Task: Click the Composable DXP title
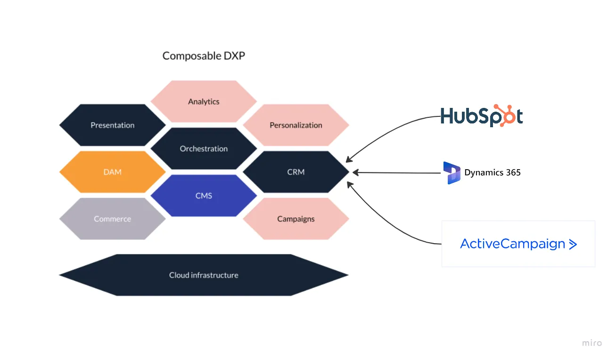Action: click(204, 56)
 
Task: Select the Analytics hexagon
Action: click(204, 101)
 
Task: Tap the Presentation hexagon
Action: click(112, 125)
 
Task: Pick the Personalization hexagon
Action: click(296, 125)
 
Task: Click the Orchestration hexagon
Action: click(204, 148)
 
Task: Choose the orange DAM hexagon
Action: click(112, 172)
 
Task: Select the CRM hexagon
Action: click(296, 172)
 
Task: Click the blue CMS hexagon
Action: click(204, 196)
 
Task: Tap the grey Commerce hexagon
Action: click(112, 219)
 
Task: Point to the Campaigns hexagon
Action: click(296, 219)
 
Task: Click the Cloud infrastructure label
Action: click(204, 275)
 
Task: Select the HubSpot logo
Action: click(481, 116)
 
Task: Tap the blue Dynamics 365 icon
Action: click(452, 172)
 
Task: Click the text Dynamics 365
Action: click(493, 172)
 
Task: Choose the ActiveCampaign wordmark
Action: click(512, 244)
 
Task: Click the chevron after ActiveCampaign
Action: click(573, 244)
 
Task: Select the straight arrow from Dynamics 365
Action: click(396, 172)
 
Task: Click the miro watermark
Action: click(591, 343)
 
